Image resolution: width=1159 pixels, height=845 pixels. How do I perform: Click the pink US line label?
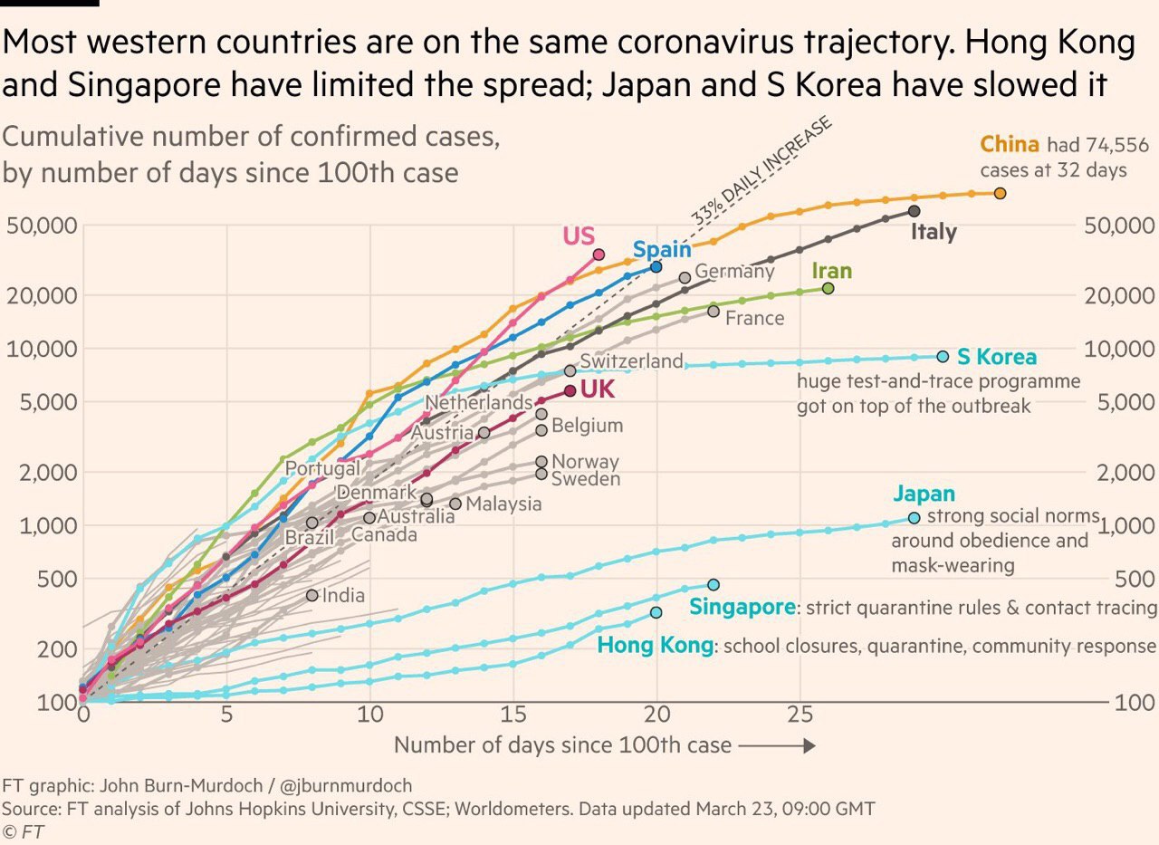click(579, 236)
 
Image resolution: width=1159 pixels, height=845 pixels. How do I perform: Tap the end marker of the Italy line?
click(914, 211)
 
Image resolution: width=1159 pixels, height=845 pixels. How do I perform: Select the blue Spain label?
click(662, 250)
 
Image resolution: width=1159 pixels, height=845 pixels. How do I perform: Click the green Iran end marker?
click(828, 288)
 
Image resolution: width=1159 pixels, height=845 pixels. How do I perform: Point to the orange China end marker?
click(1000, 193)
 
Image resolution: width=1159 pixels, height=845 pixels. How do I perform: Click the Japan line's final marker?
click(914, 518)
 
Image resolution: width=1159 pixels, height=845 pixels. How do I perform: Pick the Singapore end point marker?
click(714, 585)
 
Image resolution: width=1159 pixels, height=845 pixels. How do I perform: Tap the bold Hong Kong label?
click(655, 646)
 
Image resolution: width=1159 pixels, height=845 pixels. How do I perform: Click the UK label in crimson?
click(598, 390)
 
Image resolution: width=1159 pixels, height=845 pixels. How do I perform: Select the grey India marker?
click(312, 595)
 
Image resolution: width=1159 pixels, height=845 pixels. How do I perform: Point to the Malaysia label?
click(504, 504)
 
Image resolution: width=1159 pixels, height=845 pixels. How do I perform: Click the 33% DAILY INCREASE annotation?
click(761, 172)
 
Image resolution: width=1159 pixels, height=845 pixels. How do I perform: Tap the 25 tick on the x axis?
click(800, 714)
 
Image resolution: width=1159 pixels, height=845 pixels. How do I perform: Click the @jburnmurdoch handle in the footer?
click(345, 785)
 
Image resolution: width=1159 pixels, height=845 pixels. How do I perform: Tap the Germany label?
click(734, 271)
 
